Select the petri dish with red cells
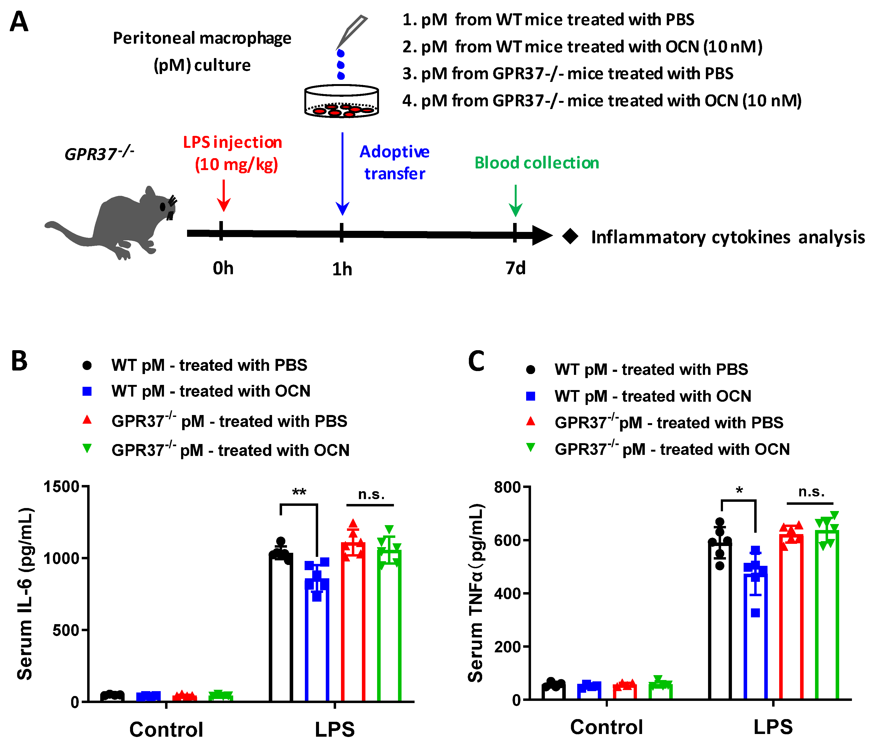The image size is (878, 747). click(342, 102)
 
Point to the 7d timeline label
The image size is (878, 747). click(515, 268)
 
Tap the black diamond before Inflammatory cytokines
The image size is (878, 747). click(570, 236)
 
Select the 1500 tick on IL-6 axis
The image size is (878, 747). click(61, 487)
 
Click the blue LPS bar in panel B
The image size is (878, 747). click(317, 635)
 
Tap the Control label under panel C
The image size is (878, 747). click(607, 727)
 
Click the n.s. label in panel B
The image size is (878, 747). click(371, 494)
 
